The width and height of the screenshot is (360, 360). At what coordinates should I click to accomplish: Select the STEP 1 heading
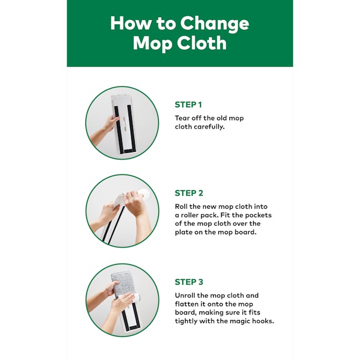tap(189, 105)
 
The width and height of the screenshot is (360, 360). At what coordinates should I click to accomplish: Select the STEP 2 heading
tap(189, 193)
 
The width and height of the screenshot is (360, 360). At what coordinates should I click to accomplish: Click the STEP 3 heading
tap(189, 282)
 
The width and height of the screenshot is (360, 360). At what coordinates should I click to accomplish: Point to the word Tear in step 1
tap(183, 118)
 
